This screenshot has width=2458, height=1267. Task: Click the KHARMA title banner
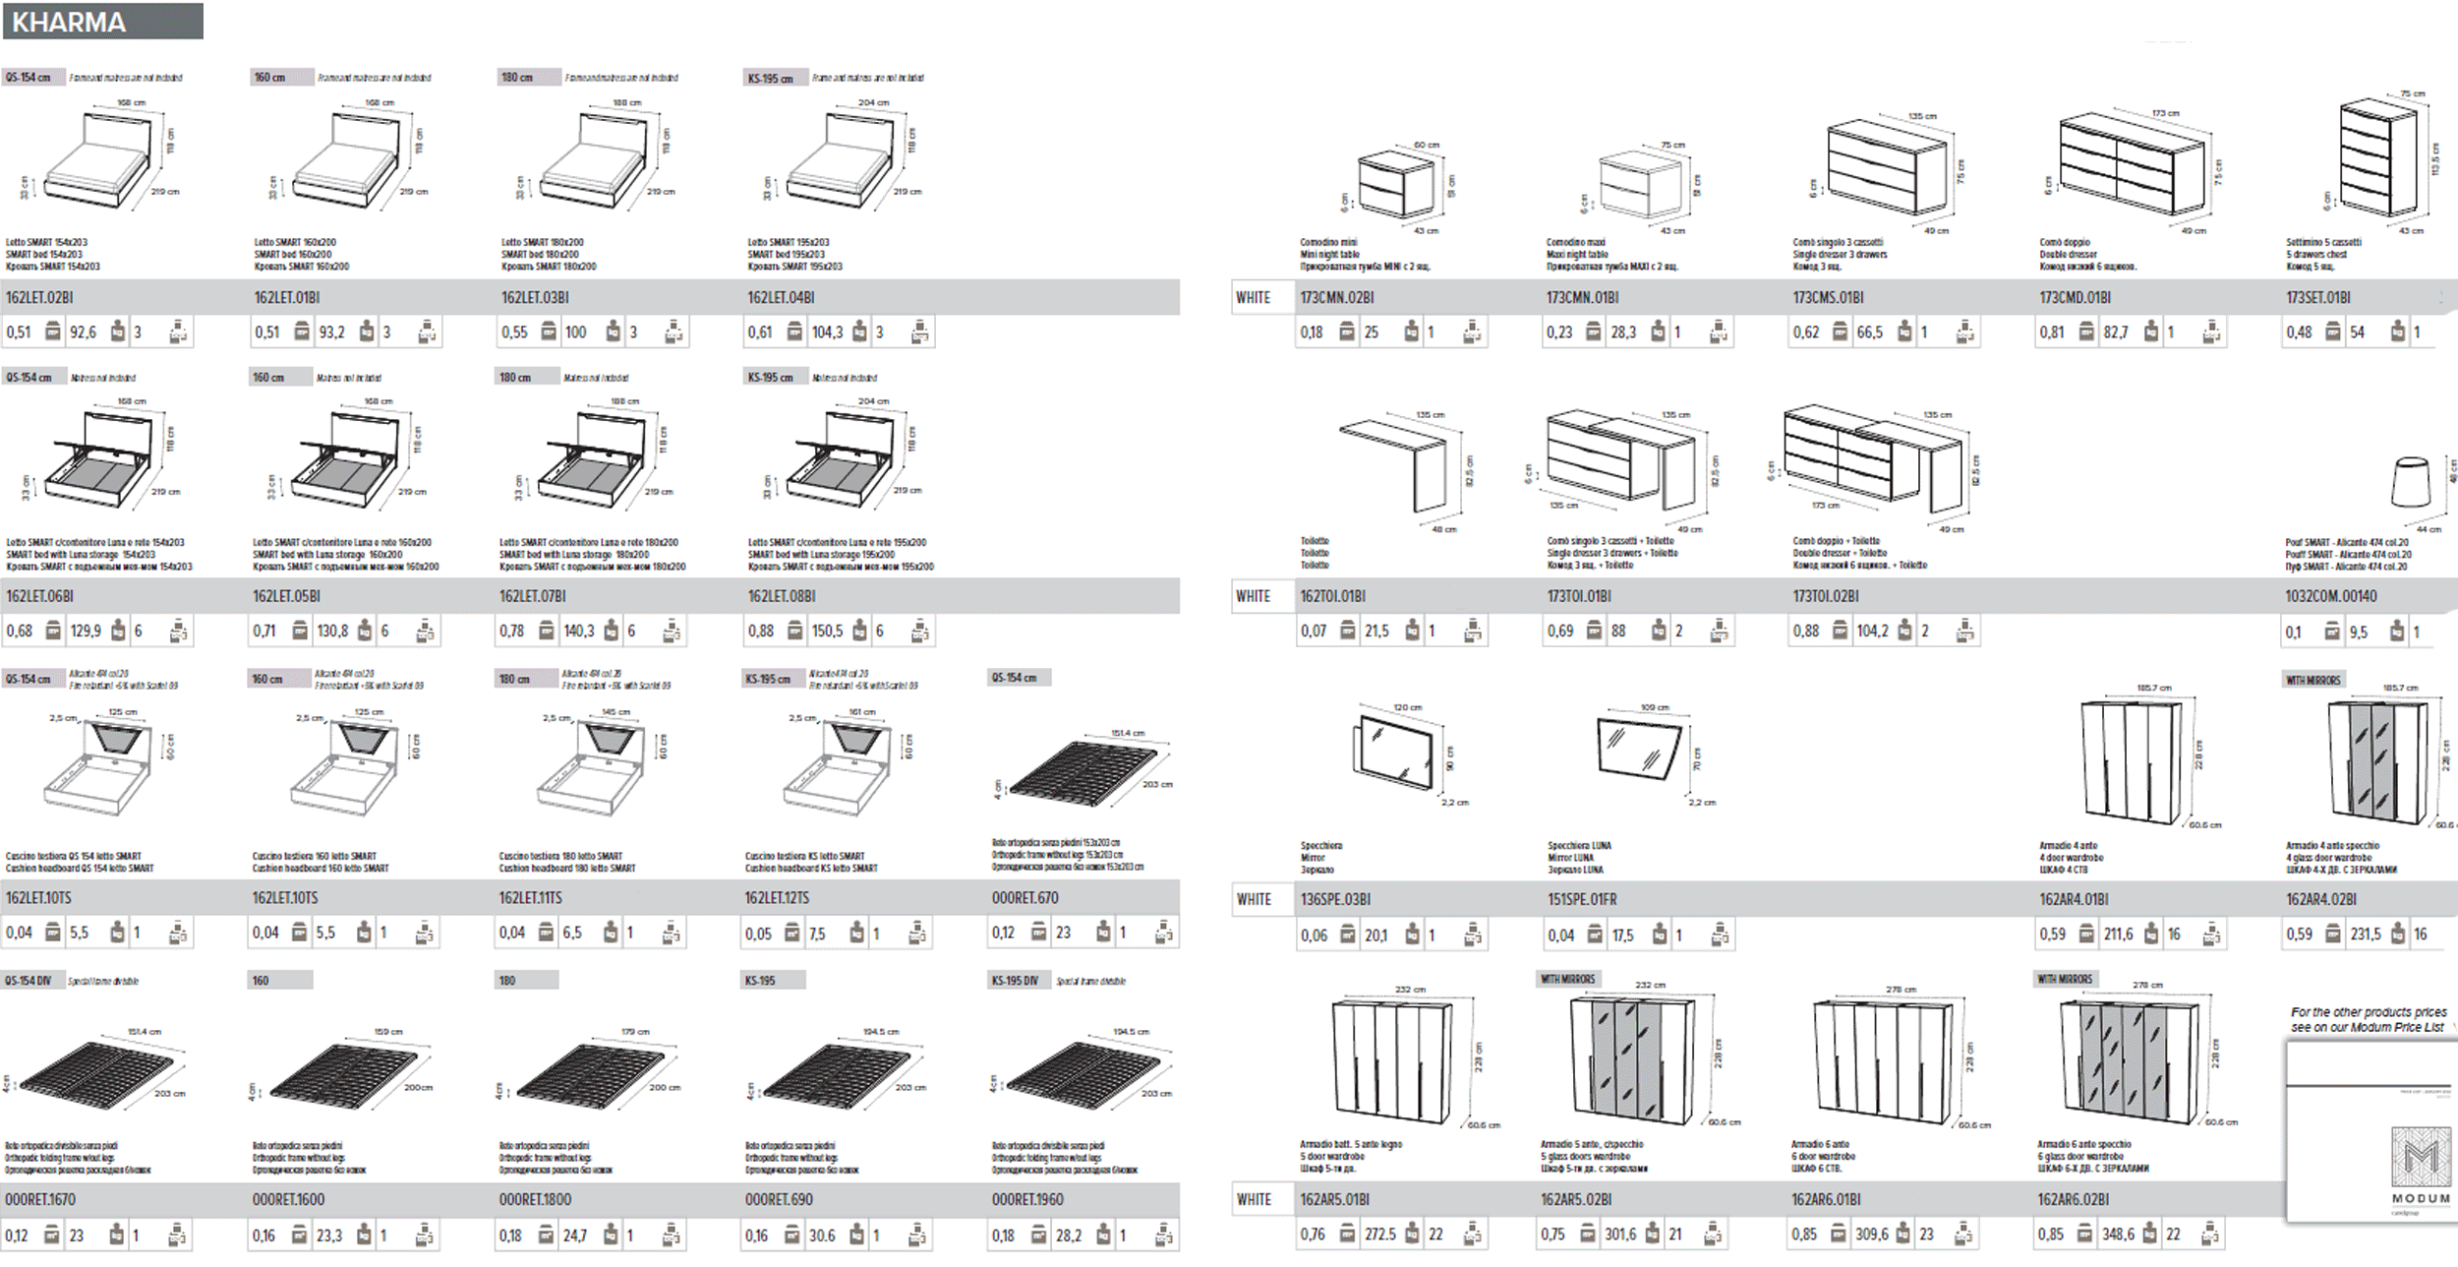click(103, 22)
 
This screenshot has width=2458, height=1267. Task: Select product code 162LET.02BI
click(39, 297)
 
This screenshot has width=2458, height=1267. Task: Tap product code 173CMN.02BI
click(1336, 297)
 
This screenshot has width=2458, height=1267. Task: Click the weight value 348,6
click(2118, 1235)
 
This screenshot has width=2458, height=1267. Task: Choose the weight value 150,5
click(827, 632)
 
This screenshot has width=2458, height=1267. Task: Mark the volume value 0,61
click(760, 332)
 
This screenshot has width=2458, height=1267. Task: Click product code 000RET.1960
click(1027, 1200)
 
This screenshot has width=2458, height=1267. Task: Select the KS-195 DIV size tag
click(1016, 981)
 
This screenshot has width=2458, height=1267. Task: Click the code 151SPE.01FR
click(1582, 899)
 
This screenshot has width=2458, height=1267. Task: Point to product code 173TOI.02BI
click(1826, 596)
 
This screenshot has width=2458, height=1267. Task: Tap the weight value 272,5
click(1379, 1235)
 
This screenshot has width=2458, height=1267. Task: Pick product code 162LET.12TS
click(777, 898)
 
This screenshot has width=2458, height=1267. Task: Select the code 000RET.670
click(1024, 898)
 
